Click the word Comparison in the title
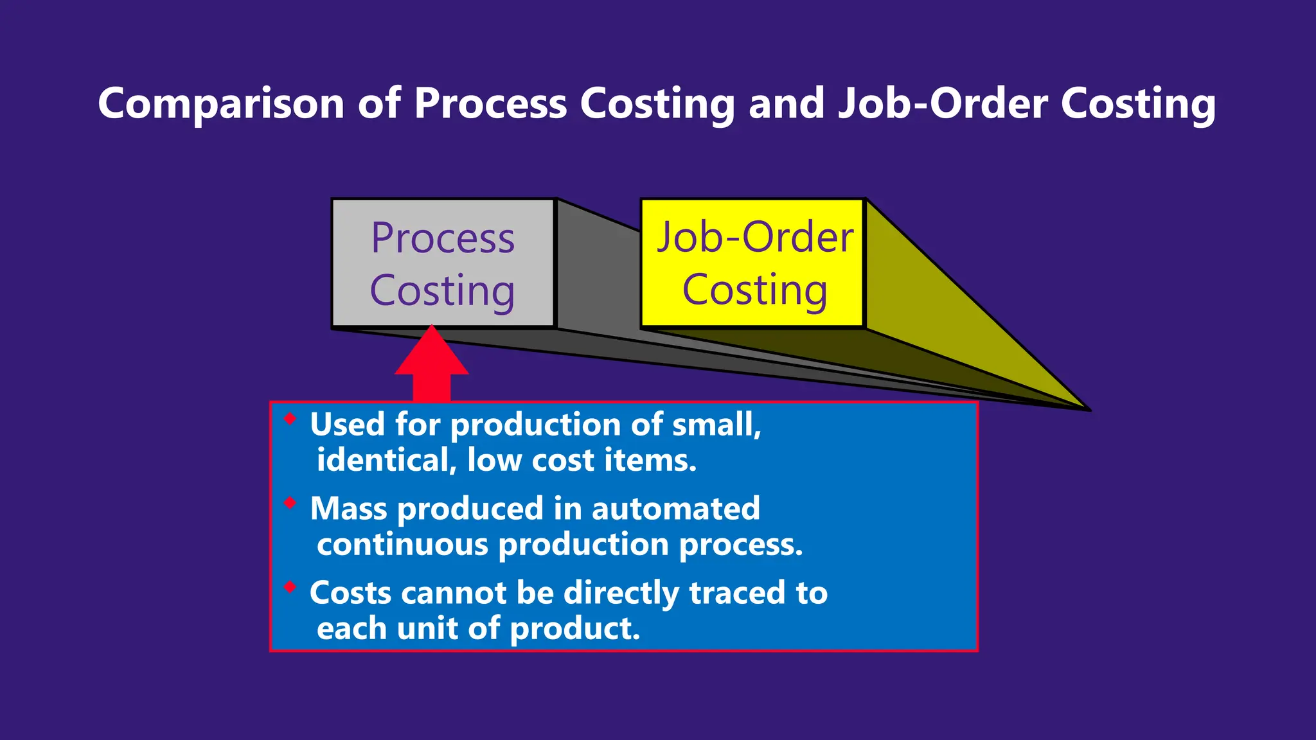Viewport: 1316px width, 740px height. click(x=221, y=103)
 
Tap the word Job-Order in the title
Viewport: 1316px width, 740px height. click(x=943, y=103)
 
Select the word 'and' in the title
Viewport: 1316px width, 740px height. click(x=787, y=103)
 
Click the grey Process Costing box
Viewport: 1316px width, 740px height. click(x=443, y=263)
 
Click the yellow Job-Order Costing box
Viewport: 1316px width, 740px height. click(x=753, y=263)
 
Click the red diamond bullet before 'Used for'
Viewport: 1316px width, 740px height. click(x=290, y=419)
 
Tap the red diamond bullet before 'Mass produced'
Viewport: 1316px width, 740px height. click(x=290, y=502)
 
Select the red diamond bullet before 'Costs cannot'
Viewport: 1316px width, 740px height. click(x=290, y=586)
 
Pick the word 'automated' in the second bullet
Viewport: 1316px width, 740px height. click(x=675, y=508)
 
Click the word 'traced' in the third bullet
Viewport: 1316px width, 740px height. click(x=737, y=592)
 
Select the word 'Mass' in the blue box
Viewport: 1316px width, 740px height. click(x=348, y=508)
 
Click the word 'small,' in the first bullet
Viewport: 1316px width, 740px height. click(x=716, y=425)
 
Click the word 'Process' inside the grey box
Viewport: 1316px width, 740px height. click(x=443, y=238)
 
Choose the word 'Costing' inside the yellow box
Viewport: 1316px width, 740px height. click(x=754, y=290)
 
